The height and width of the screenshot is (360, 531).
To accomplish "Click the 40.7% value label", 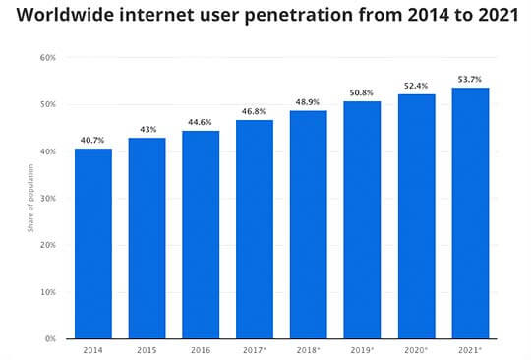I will pos(92,140).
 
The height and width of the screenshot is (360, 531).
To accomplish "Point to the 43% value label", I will pos(147,129).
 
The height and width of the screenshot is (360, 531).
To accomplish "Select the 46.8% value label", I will pos(255,111).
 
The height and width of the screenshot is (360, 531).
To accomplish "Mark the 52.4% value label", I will pos(416,85).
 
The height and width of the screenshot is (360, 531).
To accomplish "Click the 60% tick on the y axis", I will pos(47,58).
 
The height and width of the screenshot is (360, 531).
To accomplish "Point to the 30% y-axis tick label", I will pos(47,199).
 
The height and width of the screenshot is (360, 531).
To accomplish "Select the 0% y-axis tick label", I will pos(50,339).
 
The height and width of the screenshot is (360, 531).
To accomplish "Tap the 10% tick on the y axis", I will pos(47,292).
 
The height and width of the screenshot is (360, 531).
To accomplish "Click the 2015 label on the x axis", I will pos(147,349).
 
